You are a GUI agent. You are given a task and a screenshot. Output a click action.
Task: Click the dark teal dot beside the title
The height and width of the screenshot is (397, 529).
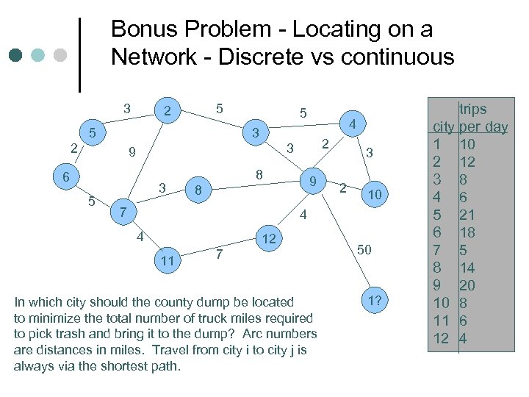[16, 55]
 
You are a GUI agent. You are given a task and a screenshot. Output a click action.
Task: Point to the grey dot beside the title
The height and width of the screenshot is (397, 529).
[61, 55]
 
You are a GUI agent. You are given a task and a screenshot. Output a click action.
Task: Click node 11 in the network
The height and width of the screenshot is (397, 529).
[168, 260]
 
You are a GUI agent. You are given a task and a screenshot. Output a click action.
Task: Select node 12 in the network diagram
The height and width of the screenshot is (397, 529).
[269, 238]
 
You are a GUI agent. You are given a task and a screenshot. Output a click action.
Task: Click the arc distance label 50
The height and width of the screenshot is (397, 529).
[365, 250]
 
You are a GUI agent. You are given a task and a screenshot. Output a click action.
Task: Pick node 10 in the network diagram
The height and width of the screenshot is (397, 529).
[375, 194]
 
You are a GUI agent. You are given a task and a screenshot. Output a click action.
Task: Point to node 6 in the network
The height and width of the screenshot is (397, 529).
[65, 177]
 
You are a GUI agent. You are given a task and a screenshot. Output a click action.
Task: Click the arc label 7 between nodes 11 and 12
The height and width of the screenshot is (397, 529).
[218, 254]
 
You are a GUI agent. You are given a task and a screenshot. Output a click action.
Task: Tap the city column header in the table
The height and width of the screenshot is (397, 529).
[443, 126]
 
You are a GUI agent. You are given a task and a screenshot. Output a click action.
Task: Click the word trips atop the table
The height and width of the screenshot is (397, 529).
[473, 109]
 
